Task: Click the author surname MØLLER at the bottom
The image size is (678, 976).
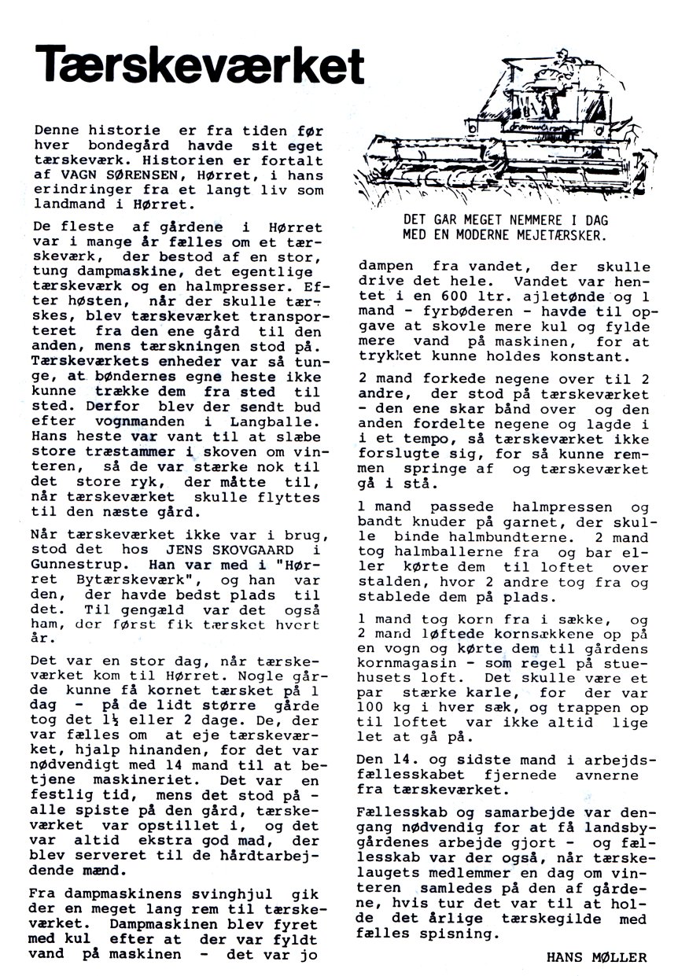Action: (621, 957)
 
